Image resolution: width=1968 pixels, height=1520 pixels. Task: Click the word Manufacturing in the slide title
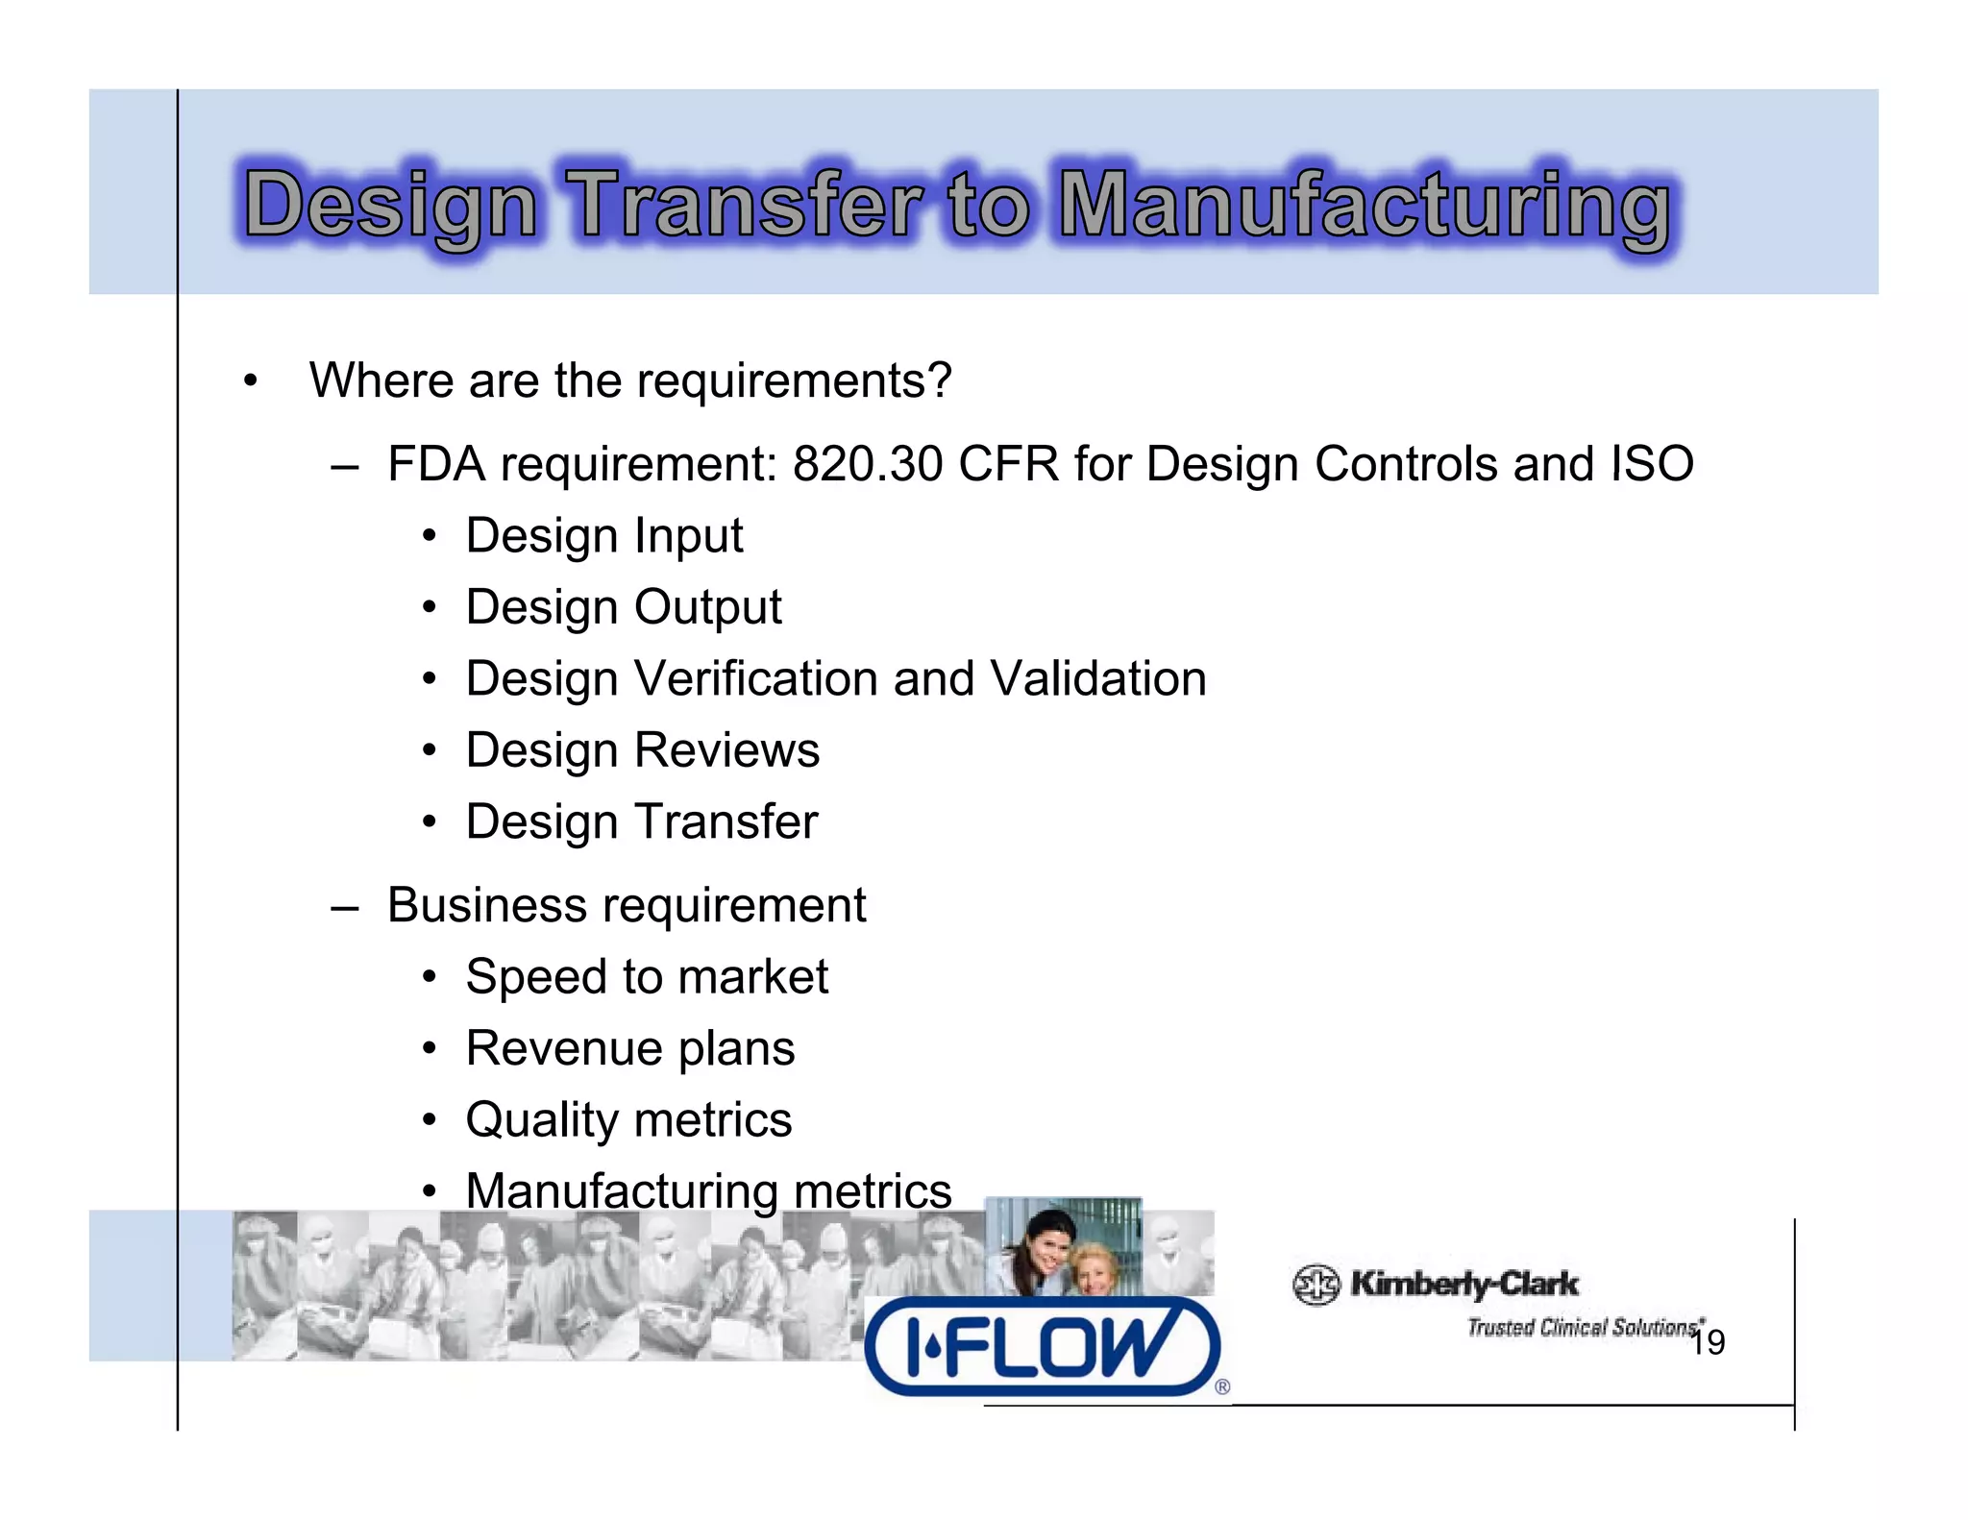tap(1364, 206)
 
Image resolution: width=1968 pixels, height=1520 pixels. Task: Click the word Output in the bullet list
tap(707, 608)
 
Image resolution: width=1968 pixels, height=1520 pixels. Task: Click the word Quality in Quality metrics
tap(542, 1120)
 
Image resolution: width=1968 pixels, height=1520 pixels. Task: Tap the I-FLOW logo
tap(1043, 1346)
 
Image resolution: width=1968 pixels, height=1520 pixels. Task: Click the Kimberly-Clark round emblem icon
tap(1316, 1285)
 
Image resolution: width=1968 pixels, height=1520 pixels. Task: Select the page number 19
tap(1708, 1343)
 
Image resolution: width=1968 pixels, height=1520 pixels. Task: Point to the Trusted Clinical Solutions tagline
tap(1584, 1328)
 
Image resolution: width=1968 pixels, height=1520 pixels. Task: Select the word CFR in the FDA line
tap(1008, 464)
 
